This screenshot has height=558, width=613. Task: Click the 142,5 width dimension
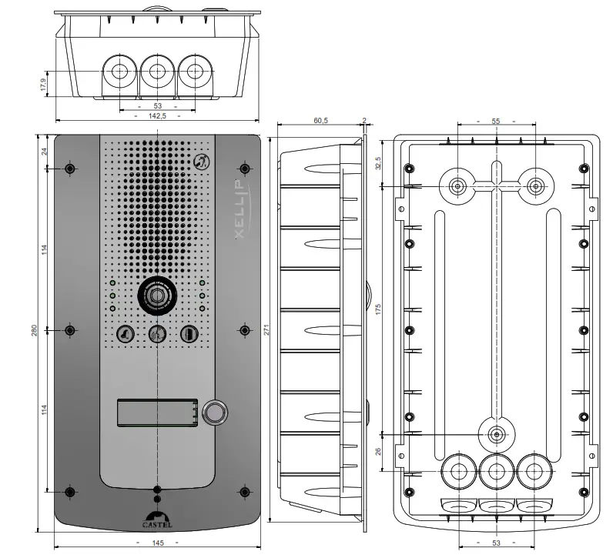pyautogui.click(x=157, y=115)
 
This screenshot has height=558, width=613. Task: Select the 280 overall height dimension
pyautogui.click(x=35, y=331)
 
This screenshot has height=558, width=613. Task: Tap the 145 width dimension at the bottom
pyautogui.click(x=157, y=543)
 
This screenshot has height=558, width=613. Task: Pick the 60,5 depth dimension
pyautogui.click(x=320, y=121)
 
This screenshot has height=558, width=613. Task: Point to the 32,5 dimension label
pyautogui.click(x=379, y=164)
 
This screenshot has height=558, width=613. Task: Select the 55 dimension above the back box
pyautogui.click(x=495, y=122)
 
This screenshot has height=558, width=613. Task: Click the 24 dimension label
pyautogui.click(x=45, y=151)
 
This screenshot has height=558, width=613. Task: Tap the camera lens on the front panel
pyautogui.click(x=157, y=296)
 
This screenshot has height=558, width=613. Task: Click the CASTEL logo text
pyautogui.click(x=157, y=525)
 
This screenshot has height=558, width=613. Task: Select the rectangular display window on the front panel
pyautogui.click(x=157, y=413)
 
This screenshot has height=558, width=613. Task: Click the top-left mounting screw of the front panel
pyautogui.click(x=70, y=169)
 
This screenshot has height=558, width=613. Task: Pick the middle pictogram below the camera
pyautogui.click(x=157, y=335)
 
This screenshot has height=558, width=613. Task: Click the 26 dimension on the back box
pyautogui.click(x=379, y=451)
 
